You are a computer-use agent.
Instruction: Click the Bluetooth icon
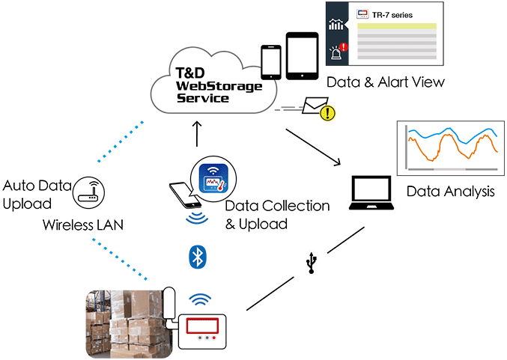tap(196, 257)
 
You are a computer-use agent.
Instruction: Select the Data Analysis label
tap(450, 192)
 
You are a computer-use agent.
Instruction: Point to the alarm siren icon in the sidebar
tap(336, 52)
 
